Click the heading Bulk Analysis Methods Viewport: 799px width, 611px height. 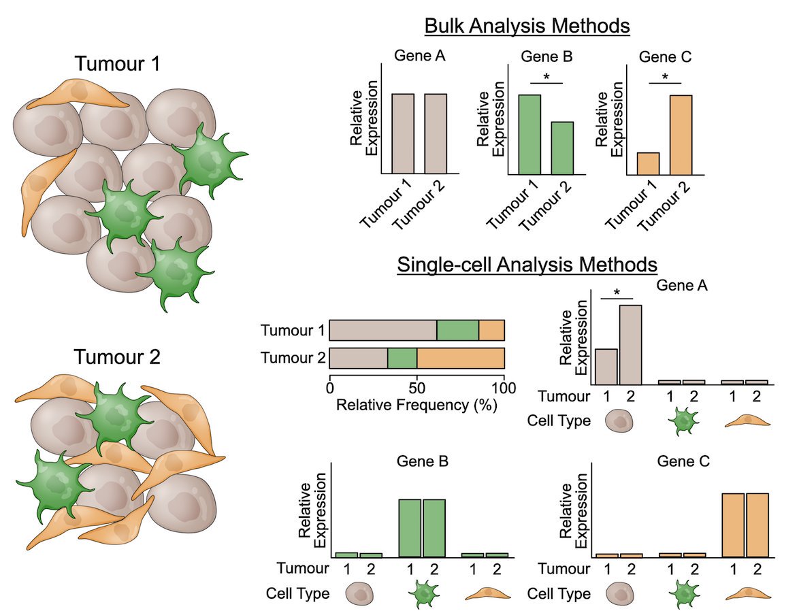(527, 27)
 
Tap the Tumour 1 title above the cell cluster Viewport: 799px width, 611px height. (117, 65)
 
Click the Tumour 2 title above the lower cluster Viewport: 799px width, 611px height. (117, 357)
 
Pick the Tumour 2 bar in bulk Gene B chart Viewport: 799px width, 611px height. (561, 148)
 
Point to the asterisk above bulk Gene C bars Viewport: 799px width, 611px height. (665, 77)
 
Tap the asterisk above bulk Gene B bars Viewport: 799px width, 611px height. (547, 77)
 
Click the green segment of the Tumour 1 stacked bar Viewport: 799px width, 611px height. (458, 331)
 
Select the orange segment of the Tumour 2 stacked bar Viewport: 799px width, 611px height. (460, 358)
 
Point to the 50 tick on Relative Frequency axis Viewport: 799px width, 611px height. (417, 389)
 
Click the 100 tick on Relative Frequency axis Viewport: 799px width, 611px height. (504, 389)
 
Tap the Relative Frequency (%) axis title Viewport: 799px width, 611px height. (417, 406)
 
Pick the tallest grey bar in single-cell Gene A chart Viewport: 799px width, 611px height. (630, 344)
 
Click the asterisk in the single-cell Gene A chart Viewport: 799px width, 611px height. (617, 292)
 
